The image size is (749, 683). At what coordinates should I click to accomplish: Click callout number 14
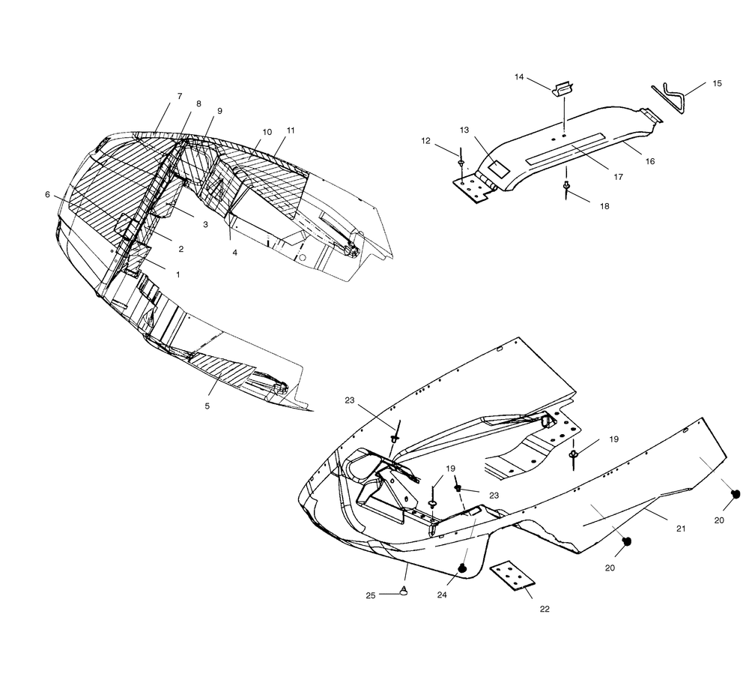click(x=519, y=77)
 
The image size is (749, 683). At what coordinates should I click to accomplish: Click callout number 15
click(x=717, y=83)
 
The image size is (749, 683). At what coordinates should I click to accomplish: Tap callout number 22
click(x=545, y=609)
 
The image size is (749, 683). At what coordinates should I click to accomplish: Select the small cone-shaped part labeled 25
click(x=404, y=592)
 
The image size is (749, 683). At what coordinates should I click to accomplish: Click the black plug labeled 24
click(x=463, y=568)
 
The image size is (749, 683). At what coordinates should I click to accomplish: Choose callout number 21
click(x=681, y=529)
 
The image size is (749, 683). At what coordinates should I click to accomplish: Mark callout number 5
click(x=207, y=406)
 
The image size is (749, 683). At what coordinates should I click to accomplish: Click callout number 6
click(x=47, y=195)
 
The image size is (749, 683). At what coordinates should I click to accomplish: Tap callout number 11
click(x=291, y=130)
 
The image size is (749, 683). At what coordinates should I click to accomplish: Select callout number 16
click(x=650, y=161)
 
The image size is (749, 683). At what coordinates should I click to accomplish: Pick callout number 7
click(x=180, y=96)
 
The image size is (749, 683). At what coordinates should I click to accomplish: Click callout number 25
click(x=371, y=595)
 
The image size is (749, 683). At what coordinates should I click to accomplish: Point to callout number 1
click(x=178, y=274)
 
